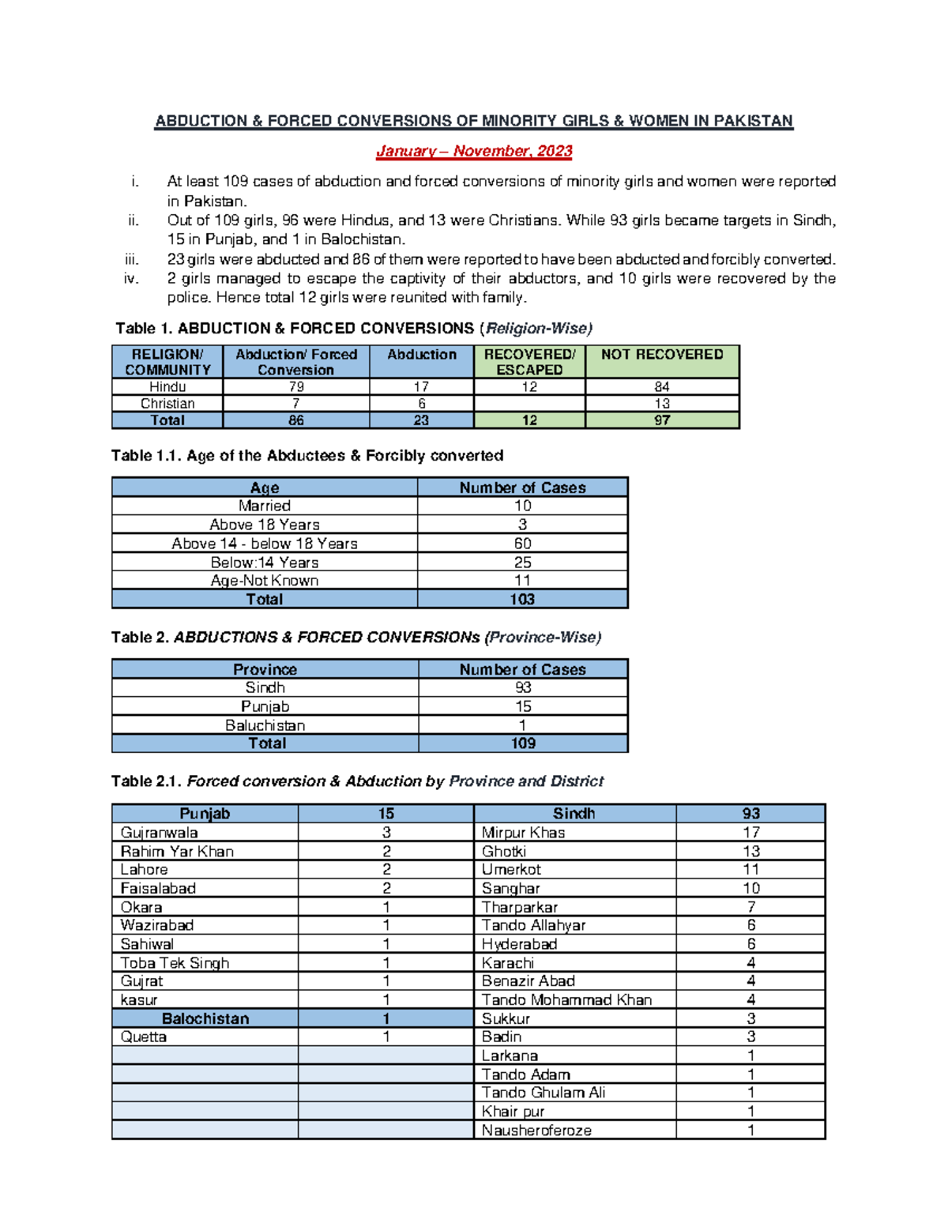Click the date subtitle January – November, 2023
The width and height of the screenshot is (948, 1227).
pos(474,151)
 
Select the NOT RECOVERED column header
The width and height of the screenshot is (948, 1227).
pos(662,355)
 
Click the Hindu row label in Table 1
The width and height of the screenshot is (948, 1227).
pos(167,386)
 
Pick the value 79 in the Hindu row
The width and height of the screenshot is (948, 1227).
pos(296,386)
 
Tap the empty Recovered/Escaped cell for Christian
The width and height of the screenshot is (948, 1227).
pos(529,404)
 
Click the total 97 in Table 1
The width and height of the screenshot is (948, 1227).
pos(662,420)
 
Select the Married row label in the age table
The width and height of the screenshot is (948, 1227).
pos(265,506)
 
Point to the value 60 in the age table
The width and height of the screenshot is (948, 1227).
pos(522,544)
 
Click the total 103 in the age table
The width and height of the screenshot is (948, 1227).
pos(522,599)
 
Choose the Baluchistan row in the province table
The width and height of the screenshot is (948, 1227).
pos(265,725)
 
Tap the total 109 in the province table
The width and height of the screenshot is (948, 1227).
pos(523,743)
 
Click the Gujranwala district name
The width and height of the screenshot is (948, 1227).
pos(159,833)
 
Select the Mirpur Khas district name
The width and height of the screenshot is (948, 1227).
pos(523,833)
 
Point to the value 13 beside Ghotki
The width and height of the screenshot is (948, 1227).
pos(750,852)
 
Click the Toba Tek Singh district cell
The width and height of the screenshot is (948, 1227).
pos(175,963)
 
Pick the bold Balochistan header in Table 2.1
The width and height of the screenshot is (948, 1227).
pos(205,1019)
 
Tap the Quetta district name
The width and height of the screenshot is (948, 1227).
pos(144,1037)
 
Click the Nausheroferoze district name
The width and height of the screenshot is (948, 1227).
pos(536,1131)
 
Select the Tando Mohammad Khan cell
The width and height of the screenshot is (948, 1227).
pos(566,1000)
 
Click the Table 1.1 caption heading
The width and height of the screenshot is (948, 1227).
pos(307,456)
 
